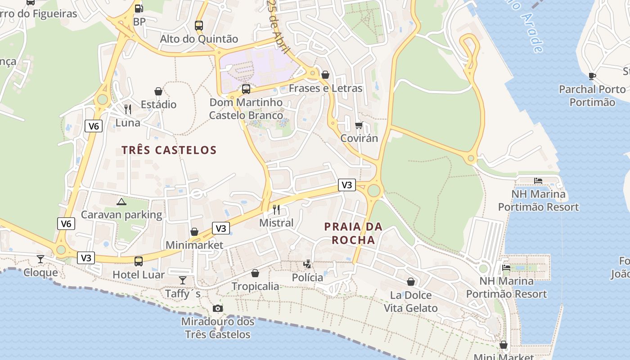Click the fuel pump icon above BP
click(139, 8)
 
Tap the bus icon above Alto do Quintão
click(199, 25)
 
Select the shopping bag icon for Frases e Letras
click(325, 75)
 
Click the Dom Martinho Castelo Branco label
click(246, 109)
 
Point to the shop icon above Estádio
click(158, 91)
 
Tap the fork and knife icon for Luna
click(128, 109)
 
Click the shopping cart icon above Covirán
click(359, 125)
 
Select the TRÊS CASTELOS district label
click(169, 150)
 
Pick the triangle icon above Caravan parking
click(121, 202)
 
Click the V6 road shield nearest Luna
click(94, 126)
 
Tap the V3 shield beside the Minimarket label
click(220, 228)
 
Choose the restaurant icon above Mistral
click(276, 210)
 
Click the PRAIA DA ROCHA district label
click(353, 233)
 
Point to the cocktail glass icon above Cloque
click(40, 259)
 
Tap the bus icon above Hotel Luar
click(139, 261)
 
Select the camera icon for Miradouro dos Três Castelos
click(218, 308)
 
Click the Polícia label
click(308, 278)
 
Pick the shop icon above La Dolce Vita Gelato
click(411, 282)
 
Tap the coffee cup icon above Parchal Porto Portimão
click(592, 76)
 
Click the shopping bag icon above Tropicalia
click(255, 273)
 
